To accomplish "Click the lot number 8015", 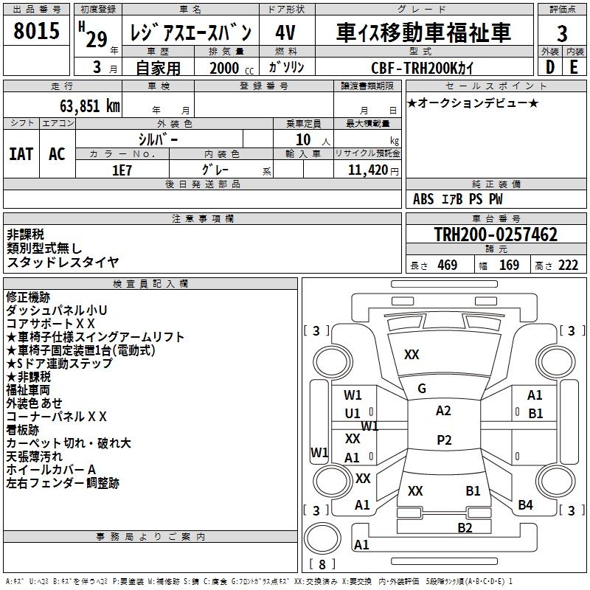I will pos(37,32).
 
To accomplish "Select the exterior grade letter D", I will pos(549,66).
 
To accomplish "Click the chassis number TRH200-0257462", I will pos(496,235).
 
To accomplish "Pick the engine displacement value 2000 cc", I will pos(224,68).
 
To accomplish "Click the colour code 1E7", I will pos(123,169).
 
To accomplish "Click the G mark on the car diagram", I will pos(422,389).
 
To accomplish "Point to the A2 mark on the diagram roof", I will pos(443,411).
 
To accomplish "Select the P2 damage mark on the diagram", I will pos(443,440).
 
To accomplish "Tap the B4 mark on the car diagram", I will pos(525,505).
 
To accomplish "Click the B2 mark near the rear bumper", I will pos(465,527).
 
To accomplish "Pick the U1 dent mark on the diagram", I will pos(353,414).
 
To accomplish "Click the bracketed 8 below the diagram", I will pos(322,565).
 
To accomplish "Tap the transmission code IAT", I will pos(21,154).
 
